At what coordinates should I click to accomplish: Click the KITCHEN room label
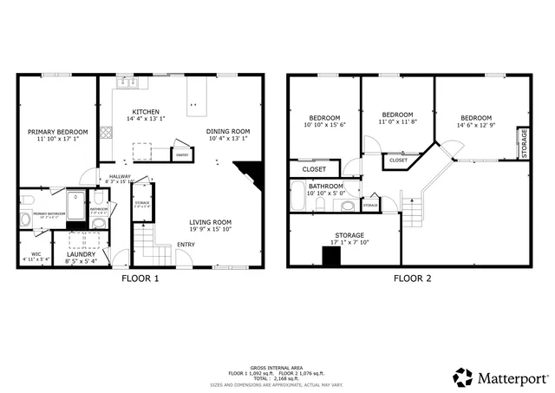[x=145, y=113]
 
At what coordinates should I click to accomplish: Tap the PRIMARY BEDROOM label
[x=53, y=133]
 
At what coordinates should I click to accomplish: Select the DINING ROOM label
[x=227, y=132]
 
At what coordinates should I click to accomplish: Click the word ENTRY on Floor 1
[x=186, y=244]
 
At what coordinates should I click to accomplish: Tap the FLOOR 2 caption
[x=414, y=278]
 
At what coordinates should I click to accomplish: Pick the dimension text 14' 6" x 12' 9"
[x=476, y=125]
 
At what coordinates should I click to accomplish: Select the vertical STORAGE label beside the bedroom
[x=523, y=143]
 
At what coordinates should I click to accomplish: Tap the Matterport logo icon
[x=462, y=377]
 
